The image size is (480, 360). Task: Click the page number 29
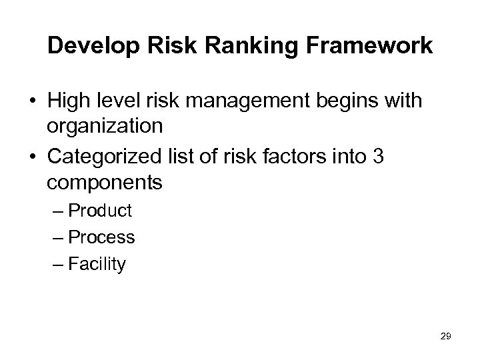[x=446, y=337]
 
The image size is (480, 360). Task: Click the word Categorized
[x=100, y=157]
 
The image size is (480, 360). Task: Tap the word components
[x=105, y=182]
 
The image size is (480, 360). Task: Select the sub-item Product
[x=100, y=211]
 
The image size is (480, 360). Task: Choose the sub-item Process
[x=101, y=237]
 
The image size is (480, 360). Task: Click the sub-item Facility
[x=97, y=264]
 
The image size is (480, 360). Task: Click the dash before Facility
[x=57, y=265]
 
